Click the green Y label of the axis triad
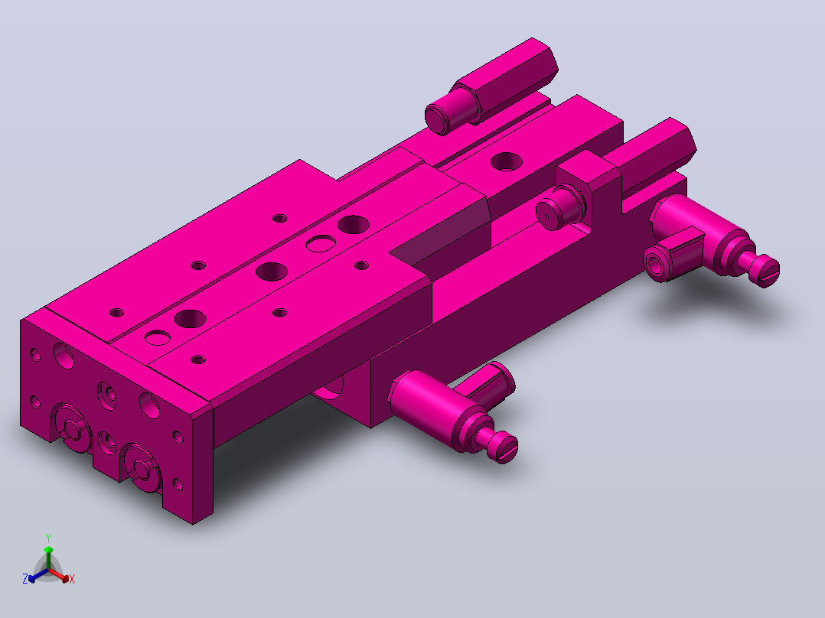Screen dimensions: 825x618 [x=48, y=538]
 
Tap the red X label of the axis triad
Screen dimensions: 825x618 [x=72, y=579]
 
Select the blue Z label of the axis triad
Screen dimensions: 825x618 [x=25, y=579]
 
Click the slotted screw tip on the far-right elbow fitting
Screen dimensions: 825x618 [x=767, y=271]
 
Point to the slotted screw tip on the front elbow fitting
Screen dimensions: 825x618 [x=505, y=447]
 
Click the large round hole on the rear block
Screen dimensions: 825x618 [x=506, y=161]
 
